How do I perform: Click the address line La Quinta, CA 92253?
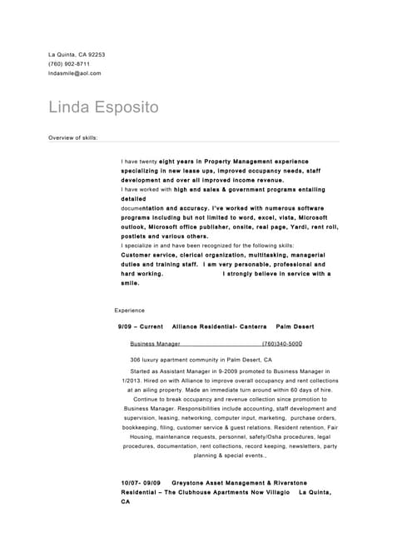(x=77, y=55)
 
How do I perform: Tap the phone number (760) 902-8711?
(x=69, y=64)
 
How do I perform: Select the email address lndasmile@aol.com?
(x=75, y=73)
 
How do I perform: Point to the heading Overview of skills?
(x=73, y=137)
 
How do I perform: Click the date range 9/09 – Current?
(x=141, y=327)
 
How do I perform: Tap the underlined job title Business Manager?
(x=155, y=343)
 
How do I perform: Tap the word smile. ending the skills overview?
(x=130, y=283)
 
